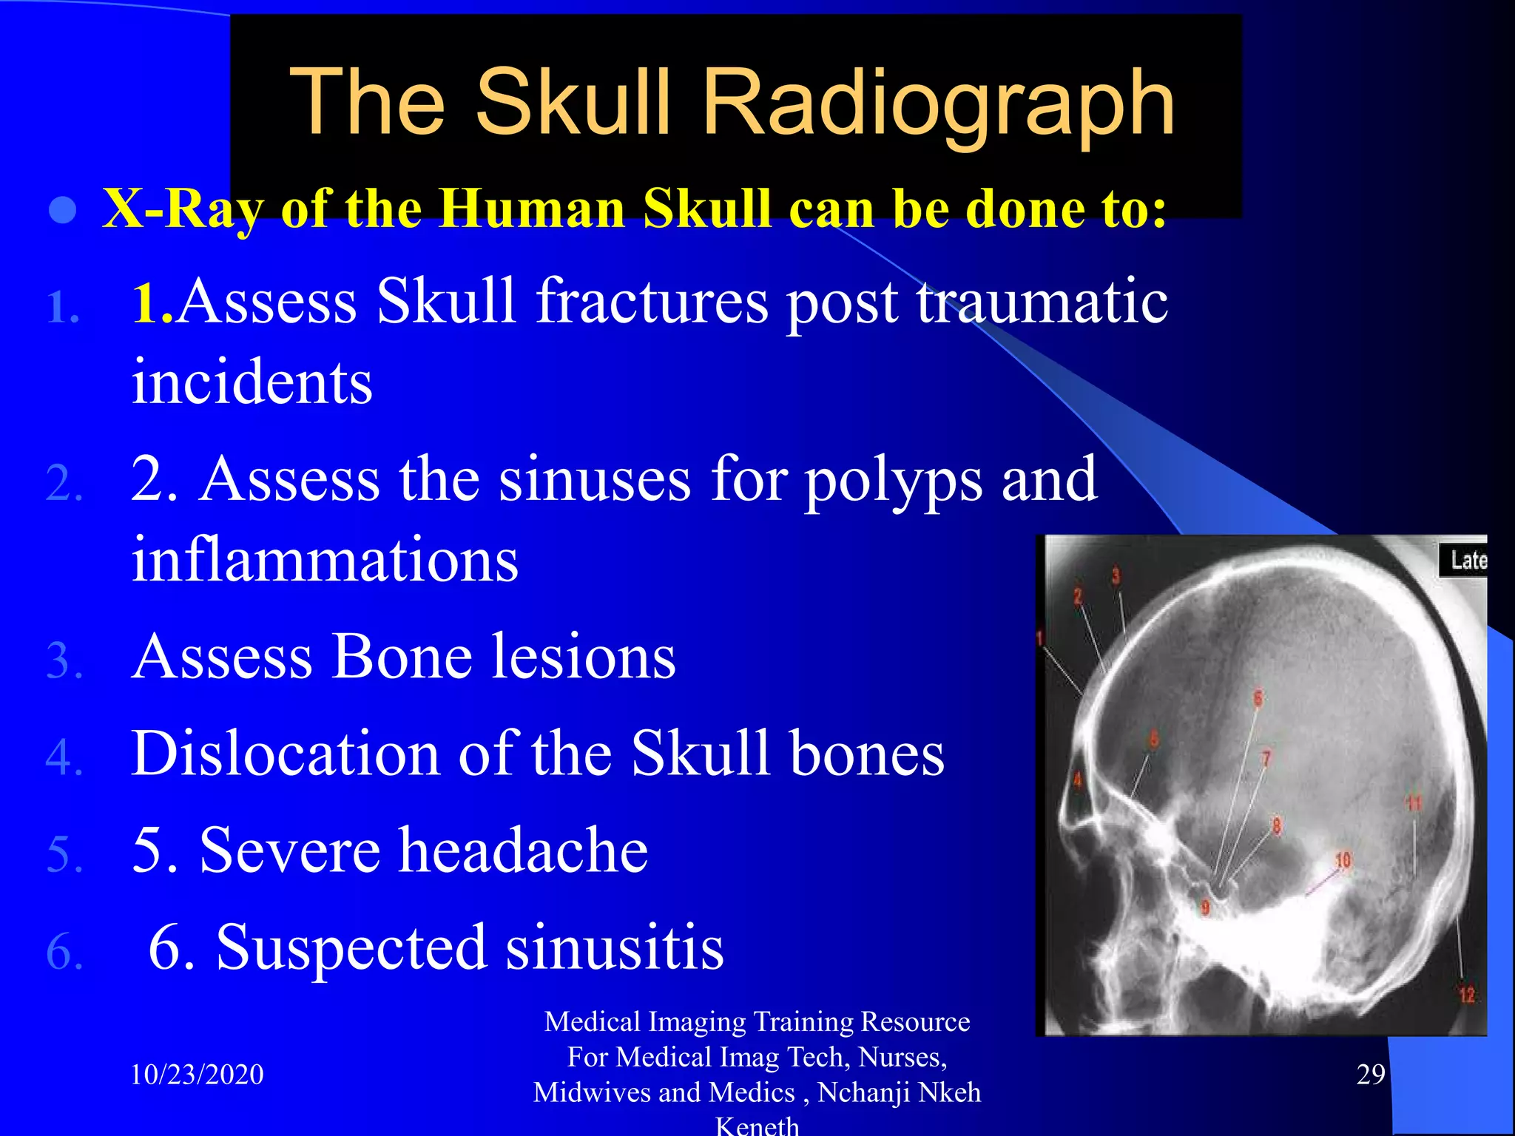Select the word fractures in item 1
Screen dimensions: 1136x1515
(652, 301)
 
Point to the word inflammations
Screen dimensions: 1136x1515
(325, 560)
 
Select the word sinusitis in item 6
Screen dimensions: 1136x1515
(617, 947)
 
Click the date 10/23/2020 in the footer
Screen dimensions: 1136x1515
(197, 1075)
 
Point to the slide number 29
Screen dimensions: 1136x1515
(1370, 1075)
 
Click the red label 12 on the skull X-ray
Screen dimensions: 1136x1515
(1466, 995)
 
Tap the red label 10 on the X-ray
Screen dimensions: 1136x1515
(1343, 859)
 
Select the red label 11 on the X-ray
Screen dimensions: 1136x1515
(1414, 803)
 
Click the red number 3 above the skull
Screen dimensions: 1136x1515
(1116, 575)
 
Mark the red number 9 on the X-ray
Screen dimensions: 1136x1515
(1205, 907)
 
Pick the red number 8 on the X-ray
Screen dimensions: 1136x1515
(1277, 825)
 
